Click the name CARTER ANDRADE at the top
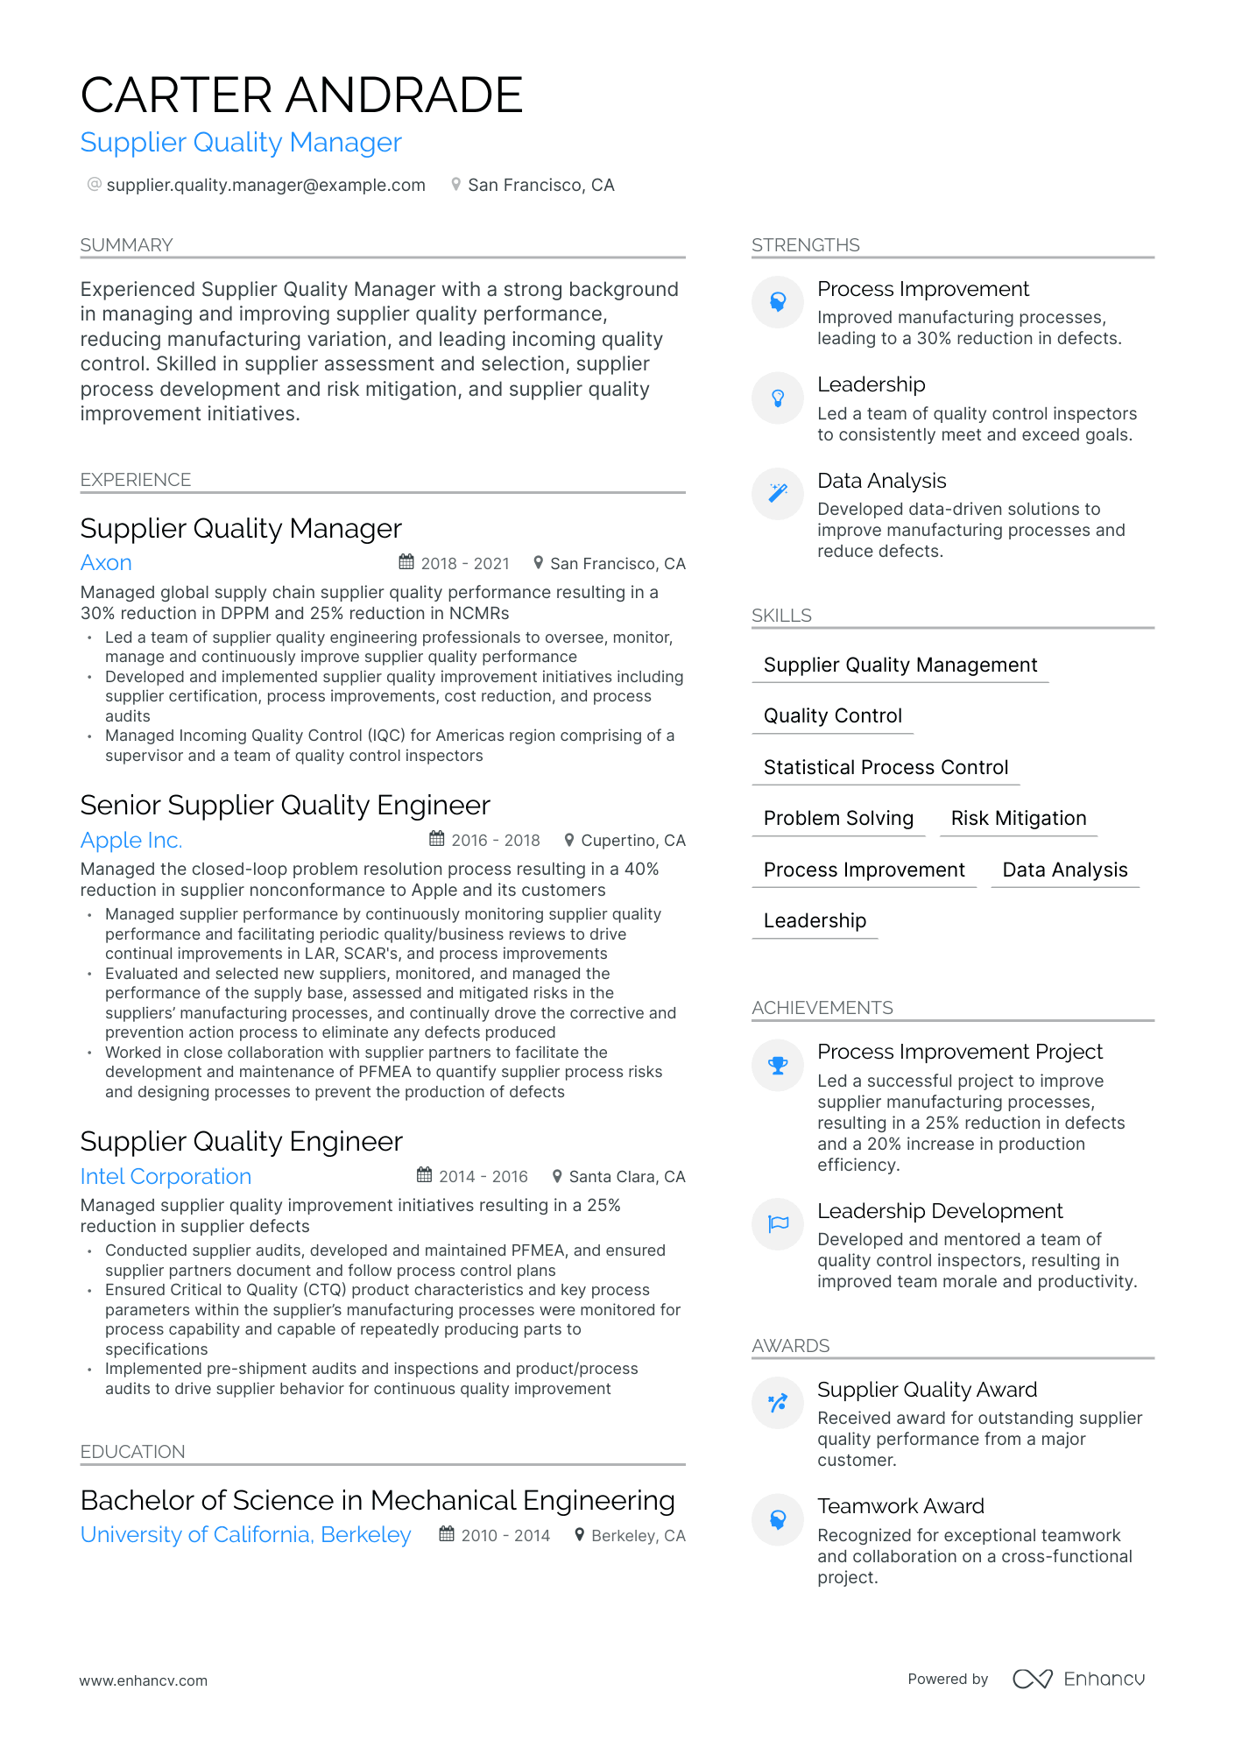[301, 95]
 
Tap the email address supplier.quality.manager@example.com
[265, 186]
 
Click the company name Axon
[106, 563]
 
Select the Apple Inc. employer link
[131, 841]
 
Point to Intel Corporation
[166, 1177]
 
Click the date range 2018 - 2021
[465, 564]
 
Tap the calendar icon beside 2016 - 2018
[437, 840]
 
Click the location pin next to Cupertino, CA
[569, 841]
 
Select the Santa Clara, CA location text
[627, 1177]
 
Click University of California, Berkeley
[245, 1535]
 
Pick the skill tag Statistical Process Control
[886, 768]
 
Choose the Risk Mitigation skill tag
[1019, 819]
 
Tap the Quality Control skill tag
[832, 716]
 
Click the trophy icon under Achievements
[778, 1066]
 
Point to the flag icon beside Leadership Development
[778, 1224]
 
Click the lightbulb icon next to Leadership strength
[778, 398]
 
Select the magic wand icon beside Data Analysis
[778, 494]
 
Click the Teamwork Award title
[900, 1506]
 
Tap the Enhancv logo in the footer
[1079, 1679]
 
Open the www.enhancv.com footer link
[144, 1681]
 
